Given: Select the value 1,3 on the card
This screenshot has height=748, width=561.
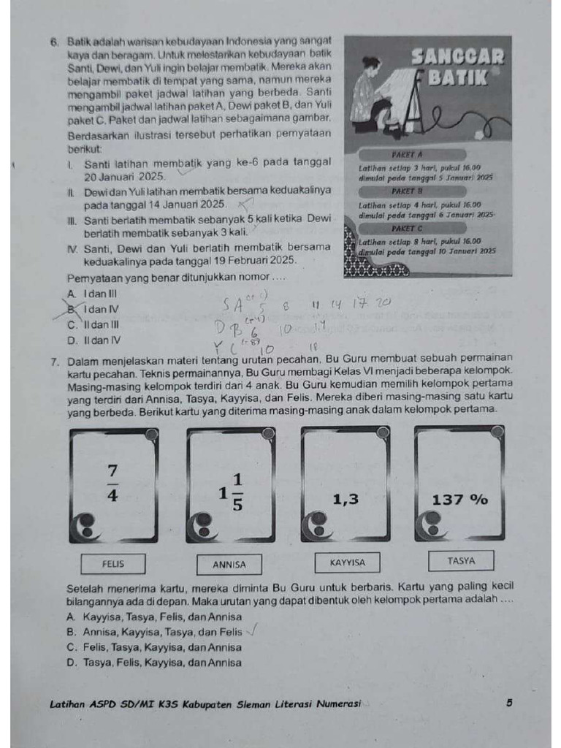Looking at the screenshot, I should click(x=346, y=500).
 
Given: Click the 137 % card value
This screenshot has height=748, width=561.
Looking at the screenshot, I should click(x=459, y=500).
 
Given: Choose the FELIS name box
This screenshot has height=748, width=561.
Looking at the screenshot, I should click(x=113, y=564).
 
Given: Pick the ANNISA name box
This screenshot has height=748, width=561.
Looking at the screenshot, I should click(x=229, y=565).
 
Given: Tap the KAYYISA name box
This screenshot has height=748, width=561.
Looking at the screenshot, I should click(x=347, y=562).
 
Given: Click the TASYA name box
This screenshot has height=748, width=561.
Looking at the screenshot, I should click(x=461, y=561).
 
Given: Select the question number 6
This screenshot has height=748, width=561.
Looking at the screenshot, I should click(x=55, y=43).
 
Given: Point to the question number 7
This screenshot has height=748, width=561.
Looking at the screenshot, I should click(x=55, y=362).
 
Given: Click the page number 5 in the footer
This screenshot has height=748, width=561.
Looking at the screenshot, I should click(x=508, y=703).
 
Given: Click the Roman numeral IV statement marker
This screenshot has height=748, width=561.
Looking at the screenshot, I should click(x=72, y=248).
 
